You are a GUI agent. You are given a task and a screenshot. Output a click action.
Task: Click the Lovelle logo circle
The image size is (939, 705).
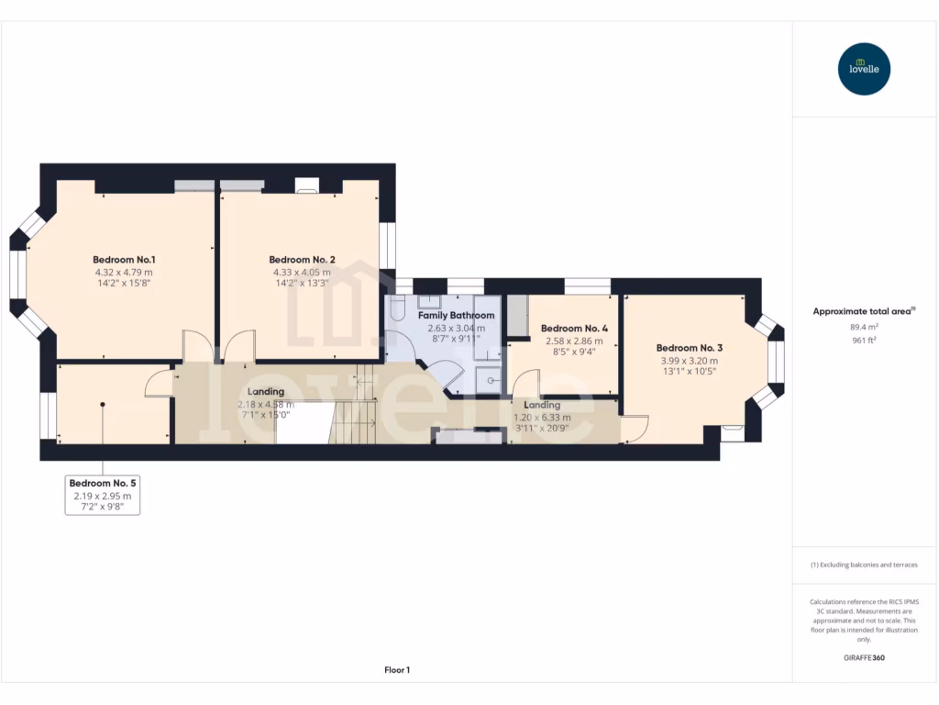(x=864, y=69)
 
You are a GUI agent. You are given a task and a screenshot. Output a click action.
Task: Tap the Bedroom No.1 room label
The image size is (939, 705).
(x=124, y=259)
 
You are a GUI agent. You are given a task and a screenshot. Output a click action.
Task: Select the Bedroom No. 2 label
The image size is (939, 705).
(x=302, y=260)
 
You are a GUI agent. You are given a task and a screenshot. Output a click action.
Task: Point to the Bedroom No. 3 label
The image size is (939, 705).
(x=689, y=348)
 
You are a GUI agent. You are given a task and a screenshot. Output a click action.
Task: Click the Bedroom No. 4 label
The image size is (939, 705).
(x=574, y=328)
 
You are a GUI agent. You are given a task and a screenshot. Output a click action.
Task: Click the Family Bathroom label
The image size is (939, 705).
(x=456, y=315)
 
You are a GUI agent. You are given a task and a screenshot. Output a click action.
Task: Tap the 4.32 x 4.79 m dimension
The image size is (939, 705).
(x=124, y=272)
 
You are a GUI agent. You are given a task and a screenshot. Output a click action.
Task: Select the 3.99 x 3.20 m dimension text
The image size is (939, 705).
(x=689, y=361)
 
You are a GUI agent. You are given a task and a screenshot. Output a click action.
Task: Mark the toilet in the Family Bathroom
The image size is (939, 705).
(x=397, y=310)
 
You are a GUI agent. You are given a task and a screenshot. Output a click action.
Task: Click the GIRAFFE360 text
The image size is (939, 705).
(x=864, y=657)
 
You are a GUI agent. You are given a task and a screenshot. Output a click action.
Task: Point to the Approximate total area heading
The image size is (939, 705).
(x=862, y=311)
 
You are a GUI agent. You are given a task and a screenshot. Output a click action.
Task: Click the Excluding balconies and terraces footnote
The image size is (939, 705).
(x=864, y=565)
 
